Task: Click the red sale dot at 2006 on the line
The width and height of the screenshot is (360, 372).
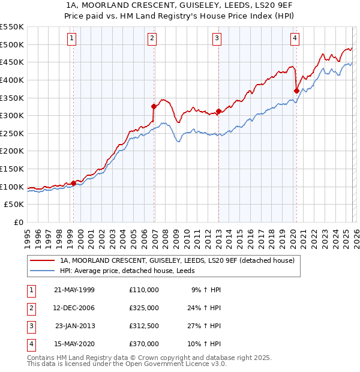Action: pyautogui.click(x=154, y=106)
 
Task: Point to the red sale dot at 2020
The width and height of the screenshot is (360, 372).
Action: pyautogui.click(x=296, y=91)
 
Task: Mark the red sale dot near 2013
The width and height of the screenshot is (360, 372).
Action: pyautogui.click(x=219, y=111)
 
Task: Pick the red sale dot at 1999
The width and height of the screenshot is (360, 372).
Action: pyautogui.click(x=74, y=183)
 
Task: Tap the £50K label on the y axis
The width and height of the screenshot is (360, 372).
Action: pyautogui.click(x=14, y=205)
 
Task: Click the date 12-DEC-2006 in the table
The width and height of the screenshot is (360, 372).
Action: pyautogui.click(x=74, y=308)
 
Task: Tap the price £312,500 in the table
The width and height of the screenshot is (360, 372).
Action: pyautogui.click(x=144, y=326)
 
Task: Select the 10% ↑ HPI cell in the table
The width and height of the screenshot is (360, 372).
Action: pyautogui.click(x=206, y=344)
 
